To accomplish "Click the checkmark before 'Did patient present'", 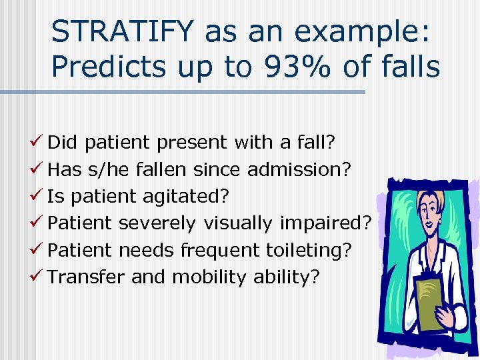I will pos(39,142).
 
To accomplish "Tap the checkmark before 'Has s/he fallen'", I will pos(39,169).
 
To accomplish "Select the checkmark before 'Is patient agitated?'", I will pos(39,196).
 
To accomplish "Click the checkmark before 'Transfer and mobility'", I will pos(39,277).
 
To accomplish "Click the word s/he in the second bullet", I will pos(109,169).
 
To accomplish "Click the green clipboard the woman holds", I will pos(431,303).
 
